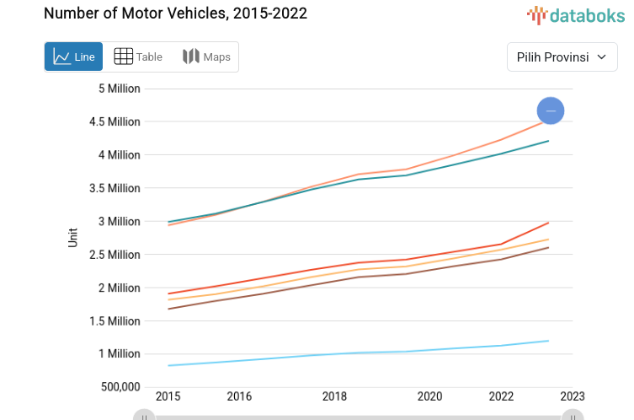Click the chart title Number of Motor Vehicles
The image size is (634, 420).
click(x=175, y=13)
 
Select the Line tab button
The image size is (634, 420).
click(x=74, y=57)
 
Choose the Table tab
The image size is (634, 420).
click(x=138, y=57)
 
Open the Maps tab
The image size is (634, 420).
click(x=206, y=57)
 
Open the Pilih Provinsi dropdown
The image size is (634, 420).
click(x=562, y=57)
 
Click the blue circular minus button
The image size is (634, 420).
click(x=551, y=110)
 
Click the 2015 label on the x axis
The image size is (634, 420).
click(x=168, y=396)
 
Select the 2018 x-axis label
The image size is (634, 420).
click(x=334, y=396)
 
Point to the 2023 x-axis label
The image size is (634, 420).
click(x=573, y=396)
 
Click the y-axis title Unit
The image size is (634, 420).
click(x=73, y=237)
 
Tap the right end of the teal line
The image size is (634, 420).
click(x=548, y=141)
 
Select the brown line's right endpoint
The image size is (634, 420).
click(x=548, y=247)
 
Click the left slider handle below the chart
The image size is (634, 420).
click(x=144, y=416)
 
